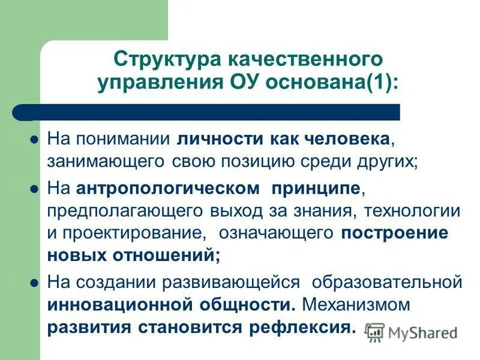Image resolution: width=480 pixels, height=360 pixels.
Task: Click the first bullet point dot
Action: [34, 139]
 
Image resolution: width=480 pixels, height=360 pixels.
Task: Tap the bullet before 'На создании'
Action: [34, 281]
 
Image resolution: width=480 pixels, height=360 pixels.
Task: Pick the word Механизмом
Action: [356, 304]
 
